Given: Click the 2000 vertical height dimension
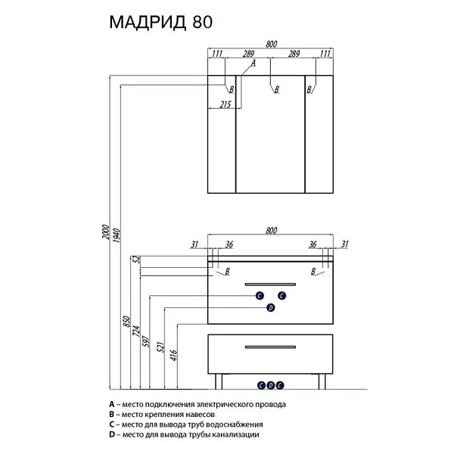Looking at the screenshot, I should (107, 230).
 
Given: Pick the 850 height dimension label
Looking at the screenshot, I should (126, 322).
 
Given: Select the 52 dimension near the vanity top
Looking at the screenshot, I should (137, 260).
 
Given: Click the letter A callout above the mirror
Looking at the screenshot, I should (253, 64).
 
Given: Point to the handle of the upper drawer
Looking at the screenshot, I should (270, 283).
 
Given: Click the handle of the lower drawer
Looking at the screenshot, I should (270, 347).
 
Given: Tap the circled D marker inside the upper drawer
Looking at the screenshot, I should (270, 307).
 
